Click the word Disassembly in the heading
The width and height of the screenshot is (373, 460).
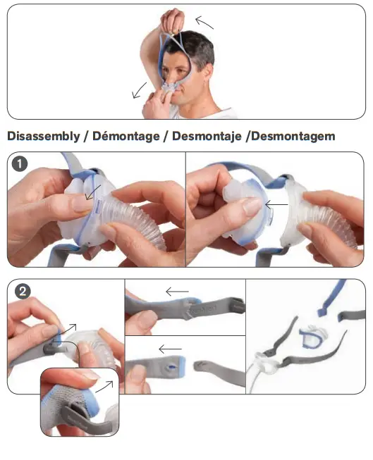pyautogui.click(x=43, y=136)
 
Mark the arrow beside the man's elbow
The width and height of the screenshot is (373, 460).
pyautogui.click(x=140, y=89)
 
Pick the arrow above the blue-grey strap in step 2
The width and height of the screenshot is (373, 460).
pyautogui.click(x=178, y=290)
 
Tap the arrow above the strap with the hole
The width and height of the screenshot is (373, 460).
pyautogui.click(x=171, y=348)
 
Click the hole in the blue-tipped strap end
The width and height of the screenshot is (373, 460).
pyautogui.click(x=172, y=367)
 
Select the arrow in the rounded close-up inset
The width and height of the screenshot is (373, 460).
pyautogui.click(x=104, y=385)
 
